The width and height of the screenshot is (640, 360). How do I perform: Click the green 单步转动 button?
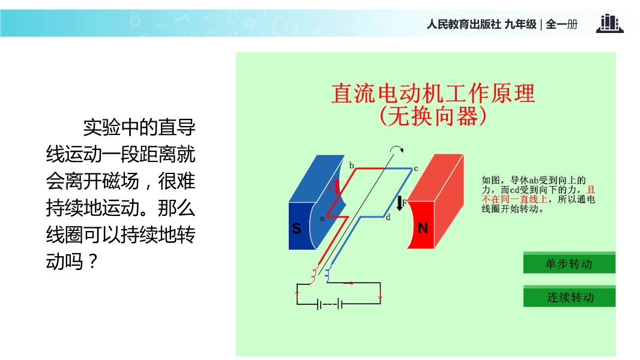(x=569, y=263)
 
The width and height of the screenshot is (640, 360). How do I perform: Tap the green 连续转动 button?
(x=569, y=296)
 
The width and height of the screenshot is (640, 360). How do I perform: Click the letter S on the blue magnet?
(x=297, y=229)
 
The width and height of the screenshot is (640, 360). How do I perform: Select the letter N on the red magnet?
(x=423, y=228)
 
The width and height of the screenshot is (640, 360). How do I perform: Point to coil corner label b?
(x=351, y=165)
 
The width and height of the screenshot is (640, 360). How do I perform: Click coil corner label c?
(x=416, y=168)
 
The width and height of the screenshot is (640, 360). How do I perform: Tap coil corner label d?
(x=388, y=217)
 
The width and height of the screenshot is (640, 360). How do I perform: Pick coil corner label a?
(x=322, y=218)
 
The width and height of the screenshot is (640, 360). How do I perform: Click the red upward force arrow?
(x=337, y=186)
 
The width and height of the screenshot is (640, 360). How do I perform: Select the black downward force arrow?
(x=400, y=203)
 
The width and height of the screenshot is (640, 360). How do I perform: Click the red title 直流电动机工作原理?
(x=433, y=94)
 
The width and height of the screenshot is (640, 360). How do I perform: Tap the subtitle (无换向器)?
(x=433, y=116)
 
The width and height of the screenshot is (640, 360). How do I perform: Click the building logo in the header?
(x=610, y=23)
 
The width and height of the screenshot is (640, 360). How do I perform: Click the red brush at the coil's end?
(x=313, y=275)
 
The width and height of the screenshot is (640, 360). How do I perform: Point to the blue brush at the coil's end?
(x=327, y=274)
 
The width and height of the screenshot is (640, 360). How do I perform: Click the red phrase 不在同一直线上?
(x=515, y=199)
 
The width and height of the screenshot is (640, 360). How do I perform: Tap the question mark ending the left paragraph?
(x=92, y=261)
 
